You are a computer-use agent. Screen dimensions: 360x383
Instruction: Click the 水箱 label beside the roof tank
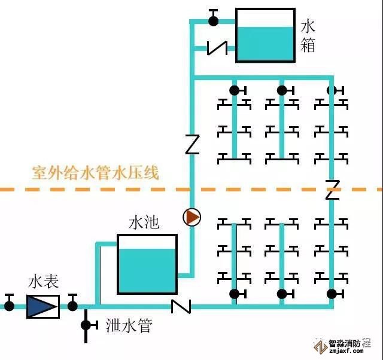point(308,35)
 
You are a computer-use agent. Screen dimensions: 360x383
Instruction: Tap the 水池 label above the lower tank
point(144,223)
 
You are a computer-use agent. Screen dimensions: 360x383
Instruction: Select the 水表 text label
point(43,282)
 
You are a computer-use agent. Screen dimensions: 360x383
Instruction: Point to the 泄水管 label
point(129,326)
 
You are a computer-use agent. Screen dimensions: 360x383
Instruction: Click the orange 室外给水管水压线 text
point(96,174)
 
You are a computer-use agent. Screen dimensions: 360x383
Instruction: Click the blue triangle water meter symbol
point(42,306)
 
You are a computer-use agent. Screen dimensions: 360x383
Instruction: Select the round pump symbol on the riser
point(192,217)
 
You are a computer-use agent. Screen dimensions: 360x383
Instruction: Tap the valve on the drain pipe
point(86,325)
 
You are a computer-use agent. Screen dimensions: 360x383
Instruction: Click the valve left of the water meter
point(9,306)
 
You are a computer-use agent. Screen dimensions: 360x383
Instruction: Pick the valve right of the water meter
point(72,306)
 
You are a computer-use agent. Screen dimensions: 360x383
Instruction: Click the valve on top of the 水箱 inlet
point(213,20)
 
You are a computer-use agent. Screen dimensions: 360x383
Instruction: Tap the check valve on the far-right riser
point(332,190)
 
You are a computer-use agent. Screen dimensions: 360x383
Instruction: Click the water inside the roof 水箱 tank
point(265,43)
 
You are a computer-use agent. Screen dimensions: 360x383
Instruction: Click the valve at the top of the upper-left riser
point(235,90)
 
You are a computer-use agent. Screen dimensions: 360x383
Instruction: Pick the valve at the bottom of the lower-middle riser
point(282,294)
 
